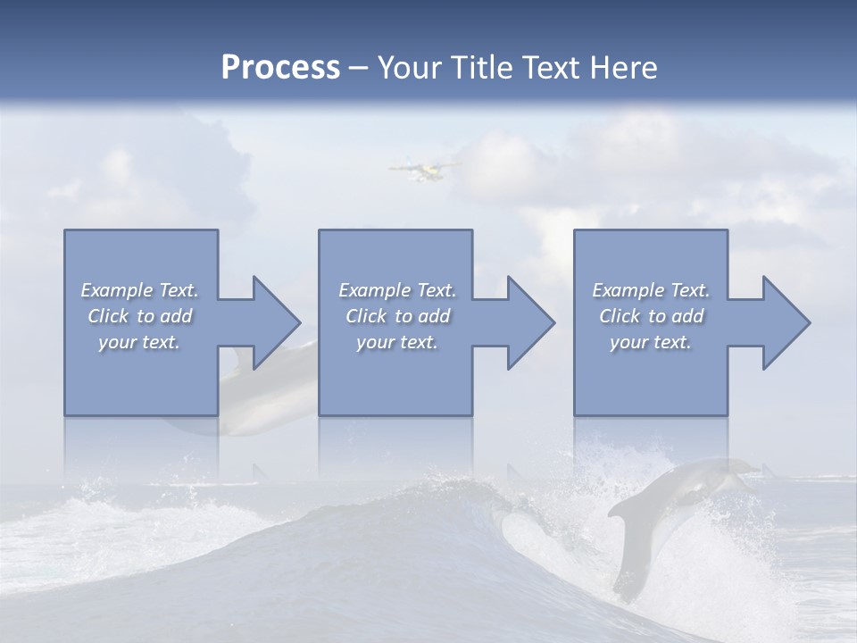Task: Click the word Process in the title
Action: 280,68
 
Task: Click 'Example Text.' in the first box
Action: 139,290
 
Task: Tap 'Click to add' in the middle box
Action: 397,316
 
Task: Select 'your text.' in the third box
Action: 651,342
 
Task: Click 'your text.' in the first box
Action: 139,342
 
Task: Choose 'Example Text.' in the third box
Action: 651,290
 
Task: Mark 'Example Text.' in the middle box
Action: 397,290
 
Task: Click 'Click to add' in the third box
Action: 651,316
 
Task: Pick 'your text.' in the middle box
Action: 397,342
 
